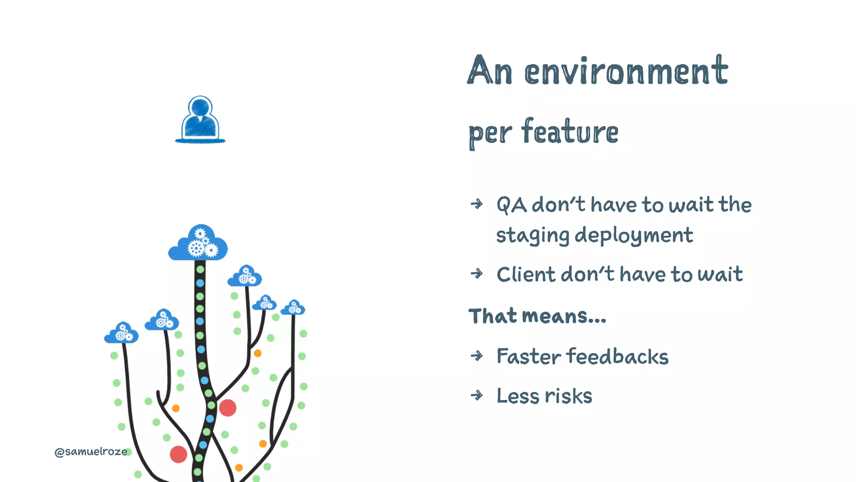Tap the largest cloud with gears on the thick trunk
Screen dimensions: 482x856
click(x=198, y=244)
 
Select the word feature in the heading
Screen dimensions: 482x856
click(x=570, y=132)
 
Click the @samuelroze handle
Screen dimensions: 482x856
click(x=91, y=452)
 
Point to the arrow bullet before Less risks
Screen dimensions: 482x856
click(x=476, y=395)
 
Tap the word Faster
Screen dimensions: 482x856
click(x=528, y=357)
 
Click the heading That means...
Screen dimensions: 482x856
click(x=537, y=316)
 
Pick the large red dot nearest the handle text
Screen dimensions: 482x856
click(x=178, y=454)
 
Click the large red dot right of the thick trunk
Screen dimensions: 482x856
click(x=228, y=408)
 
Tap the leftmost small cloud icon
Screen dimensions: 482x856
click(x=121, y=333)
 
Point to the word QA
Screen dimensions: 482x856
click(x=512, y=205)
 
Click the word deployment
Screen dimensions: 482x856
click(x=634, y=236)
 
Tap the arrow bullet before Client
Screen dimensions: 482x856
click(x=476, y=274)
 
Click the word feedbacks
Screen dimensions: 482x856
click(x=617, y=357)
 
